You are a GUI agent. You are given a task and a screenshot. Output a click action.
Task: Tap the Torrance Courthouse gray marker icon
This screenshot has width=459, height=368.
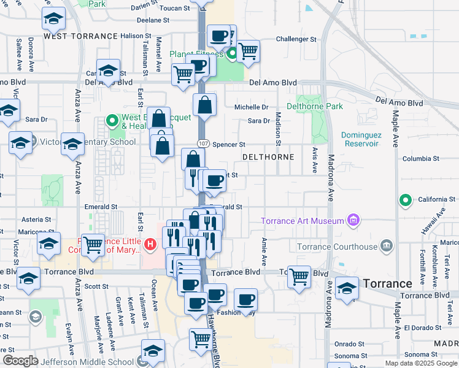386,247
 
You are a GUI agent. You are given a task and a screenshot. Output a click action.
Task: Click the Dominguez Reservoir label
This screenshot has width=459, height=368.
361,139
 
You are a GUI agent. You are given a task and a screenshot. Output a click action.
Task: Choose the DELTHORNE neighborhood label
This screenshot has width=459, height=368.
268,158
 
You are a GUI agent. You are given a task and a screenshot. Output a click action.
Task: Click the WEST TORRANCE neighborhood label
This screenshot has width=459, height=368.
80,36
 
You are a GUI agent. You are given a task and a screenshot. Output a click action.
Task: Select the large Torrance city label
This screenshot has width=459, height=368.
387,284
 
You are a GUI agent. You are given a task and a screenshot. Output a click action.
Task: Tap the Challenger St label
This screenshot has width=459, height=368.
296,39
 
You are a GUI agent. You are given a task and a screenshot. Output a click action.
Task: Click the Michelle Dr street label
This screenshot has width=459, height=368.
252,107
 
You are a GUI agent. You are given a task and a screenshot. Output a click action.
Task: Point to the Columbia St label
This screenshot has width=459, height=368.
420,158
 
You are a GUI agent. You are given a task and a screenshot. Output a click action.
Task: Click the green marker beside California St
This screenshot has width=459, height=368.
405,200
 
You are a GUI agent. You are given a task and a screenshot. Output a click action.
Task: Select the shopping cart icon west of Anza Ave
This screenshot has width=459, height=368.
93,245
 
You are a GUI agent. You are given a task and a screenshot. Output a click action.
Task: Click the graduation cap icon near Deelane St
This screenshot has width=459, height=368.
54,19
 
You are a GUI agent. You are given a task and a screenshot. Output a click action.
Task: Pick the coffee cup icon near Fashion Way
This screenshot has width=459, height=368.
245,300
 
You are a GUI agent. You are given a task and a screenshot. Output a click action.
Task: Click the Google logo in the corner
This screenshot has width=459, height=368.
20,361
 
